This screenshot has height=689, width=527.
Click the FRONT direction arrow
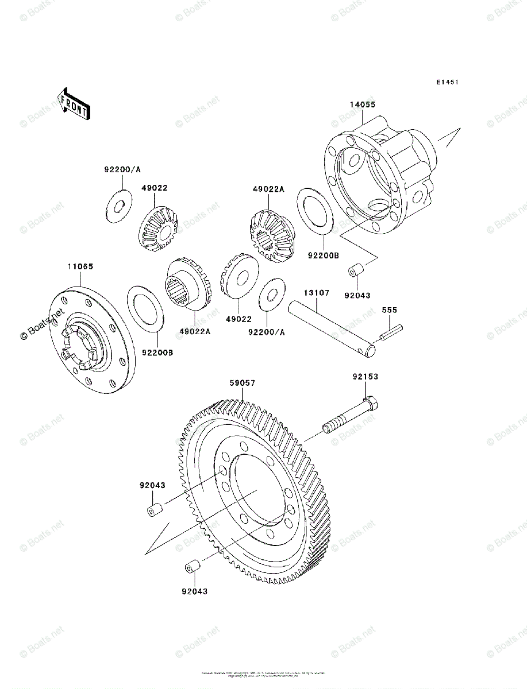73,103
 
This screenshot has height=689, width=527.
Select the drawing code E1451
447,83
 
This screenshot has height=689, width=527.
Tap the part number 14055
363,104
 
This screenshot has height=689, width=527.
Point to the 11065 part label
80,267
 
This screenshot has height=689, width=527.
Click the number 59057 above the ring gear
243,383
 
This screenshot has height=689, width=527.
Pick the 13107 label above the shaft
317,293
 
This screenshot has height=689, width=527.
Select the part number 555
390,310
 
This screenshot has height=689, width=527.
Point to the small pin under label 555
391,331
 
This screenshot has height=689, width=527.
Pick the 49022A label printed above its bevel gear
268,189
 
